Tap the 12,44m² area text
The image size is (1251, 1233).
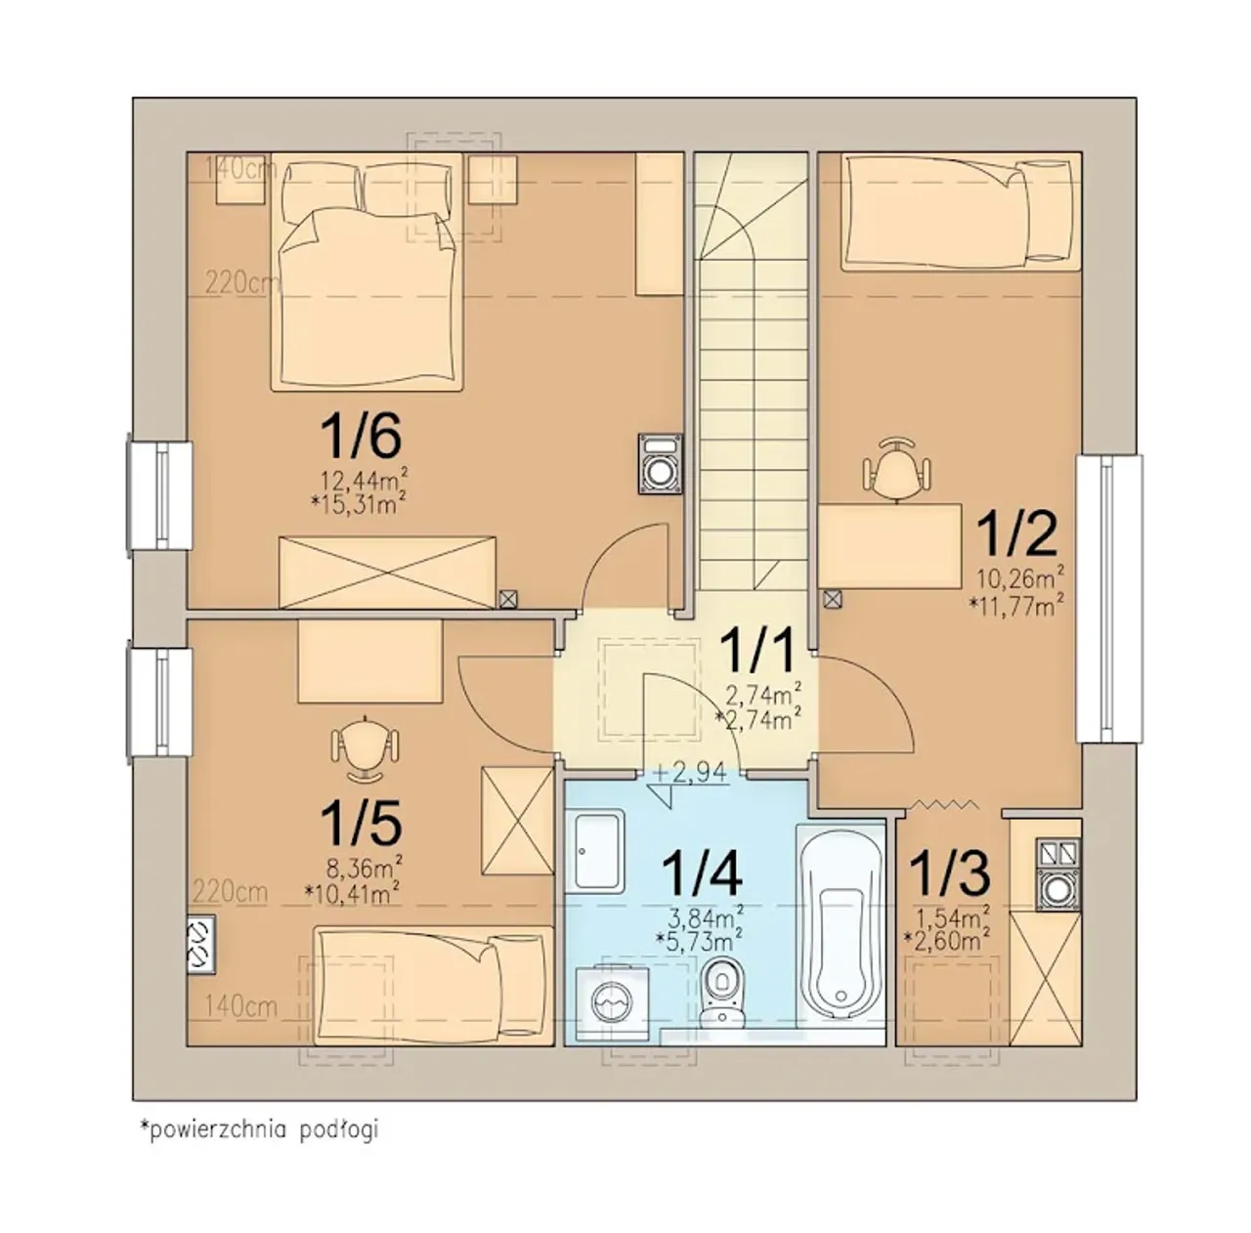(x=365, y=481)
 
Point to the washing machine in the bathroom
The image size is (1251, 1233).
(x=612, y=1009)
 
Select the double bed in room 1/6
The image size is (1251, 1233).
(x=367, y=272)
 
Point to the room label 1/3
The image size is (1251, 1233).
(x=950, y=873)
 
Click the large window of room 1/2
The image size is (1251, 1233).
(x=1109, y=598)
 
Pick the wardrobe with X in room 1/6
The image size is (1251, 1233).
(x=387, y=572)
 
